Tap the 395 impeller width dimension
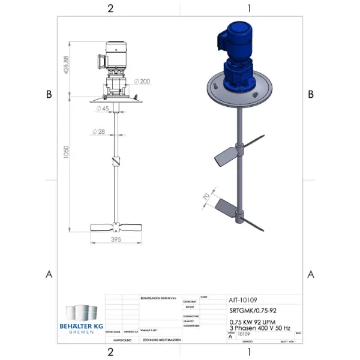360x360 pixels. pyautogui.click(x=116, y=240)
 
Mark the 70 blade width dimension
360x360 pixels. pyautogui.click(x=207, y=196)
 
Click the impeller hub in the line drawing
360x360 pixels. pyautogui.click(x=116, y=227)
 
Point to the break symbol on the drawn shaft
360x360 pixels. pyautogui.click(x=116, y=162)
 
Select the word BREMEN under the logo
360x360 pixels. pyautogui.click(x=82, y=332)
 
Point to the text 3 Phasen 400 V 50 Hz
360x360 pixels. pyautogui.click(x=260, y=328)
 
